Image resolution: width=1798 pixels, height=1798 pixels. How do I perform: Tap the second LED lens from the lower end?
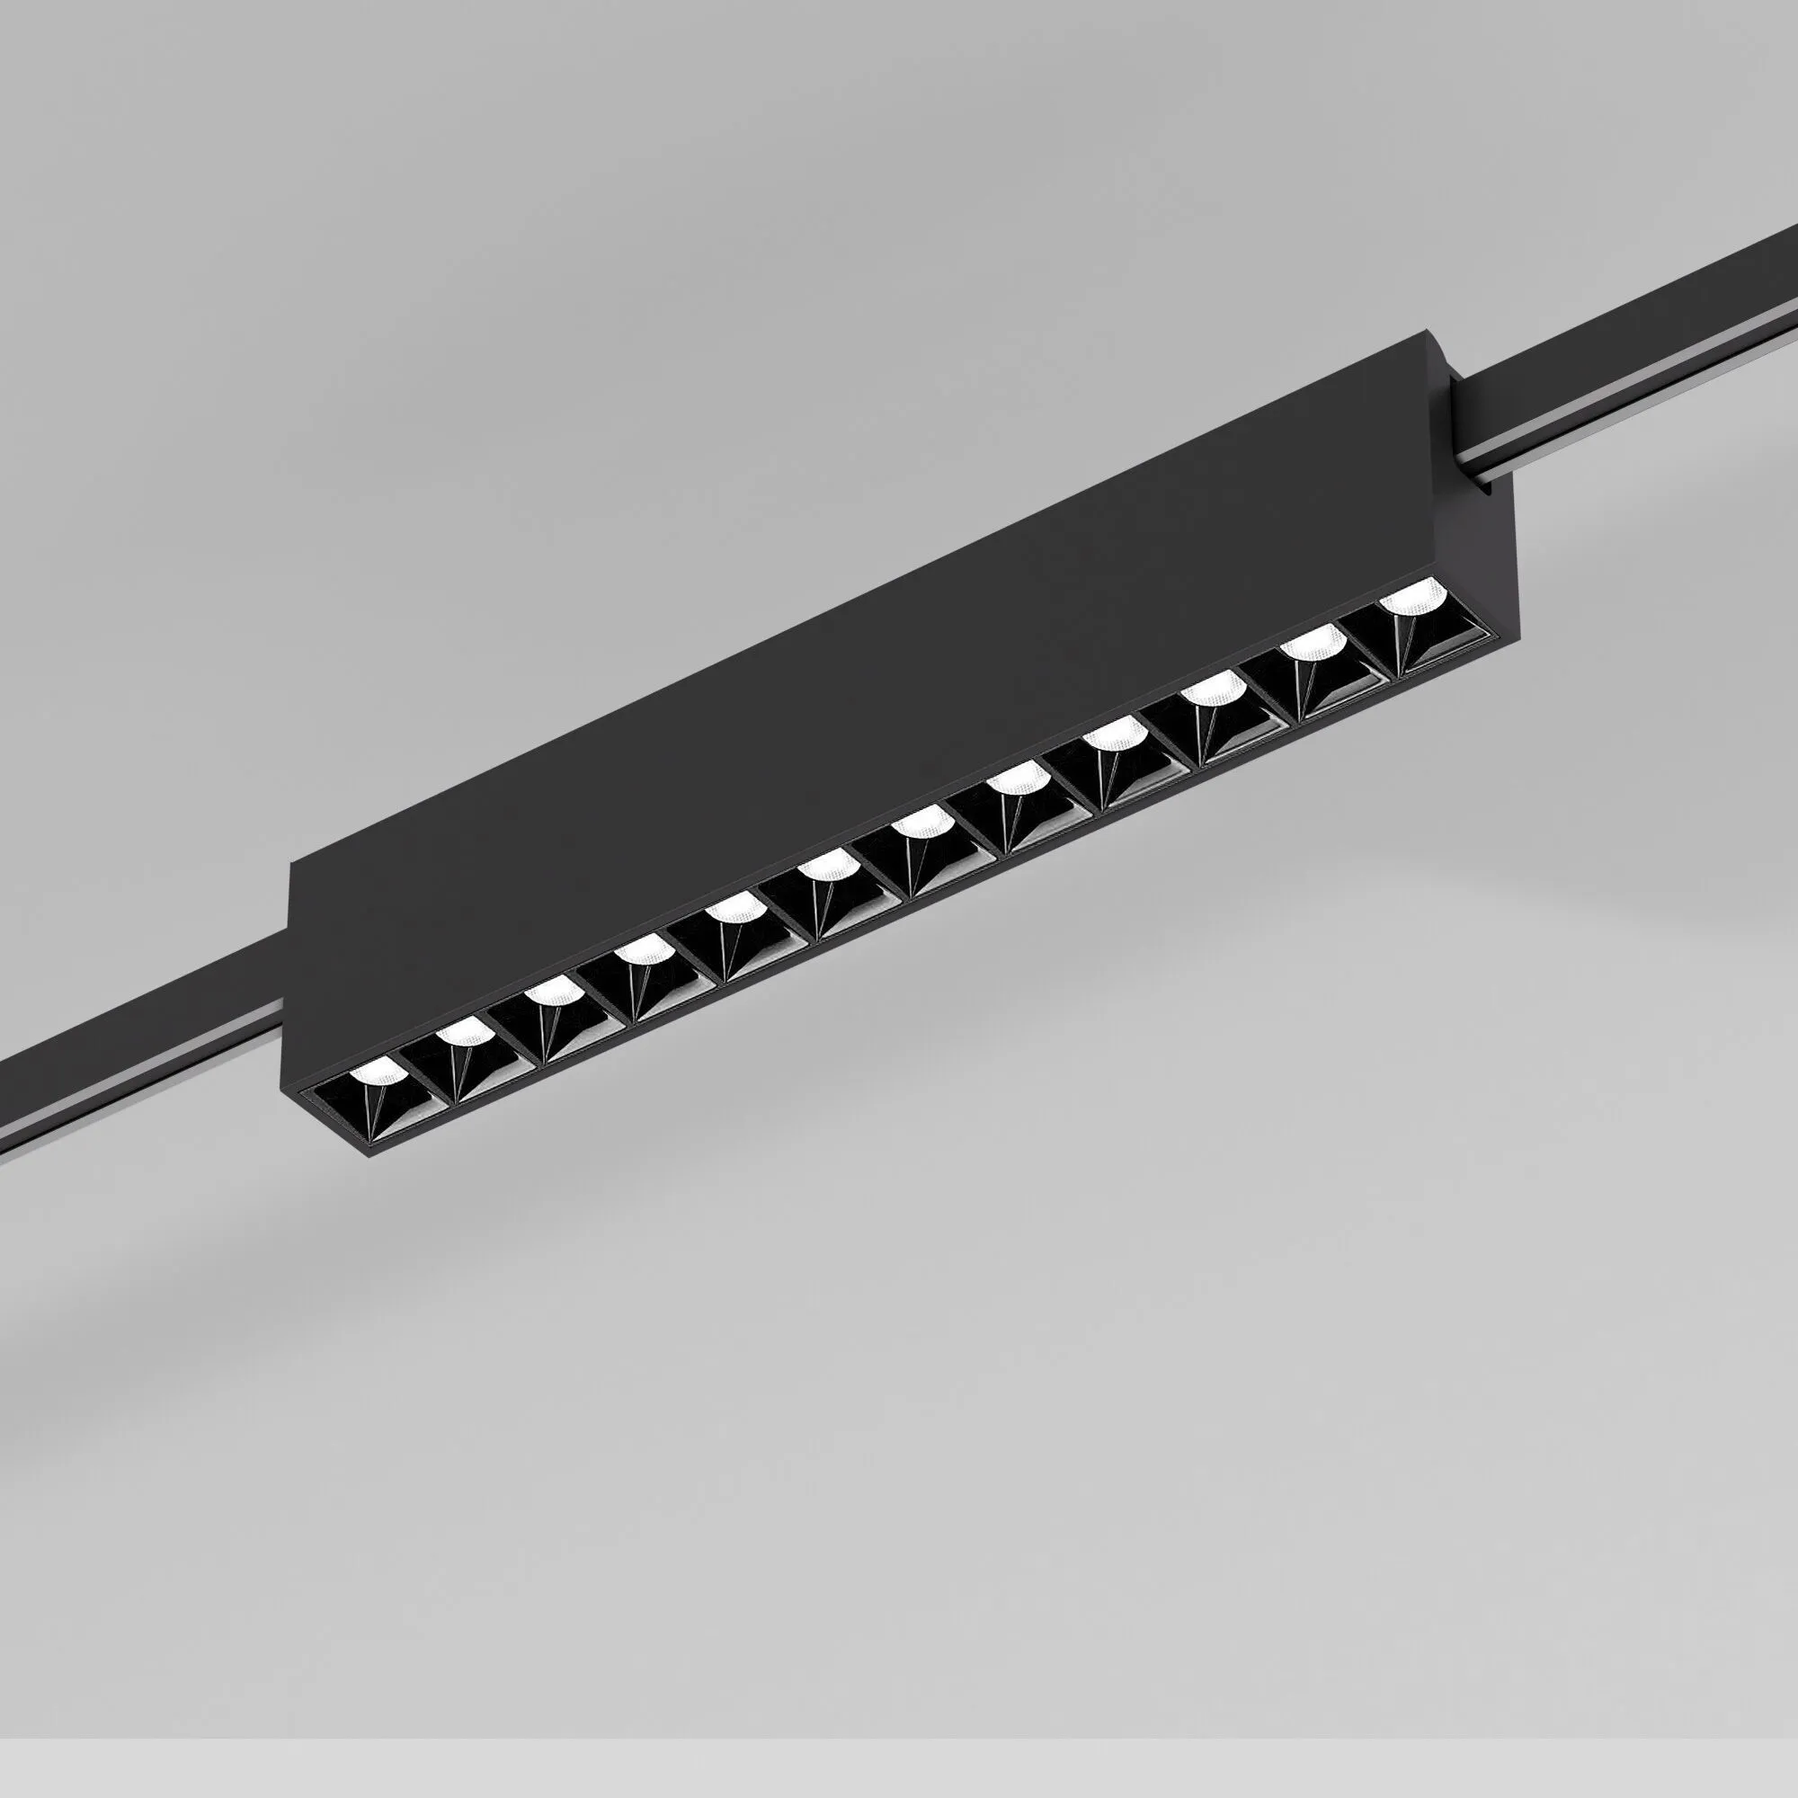461,1030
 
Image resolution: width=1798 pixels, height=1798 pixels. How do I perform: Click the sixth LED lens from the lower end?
825,867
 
